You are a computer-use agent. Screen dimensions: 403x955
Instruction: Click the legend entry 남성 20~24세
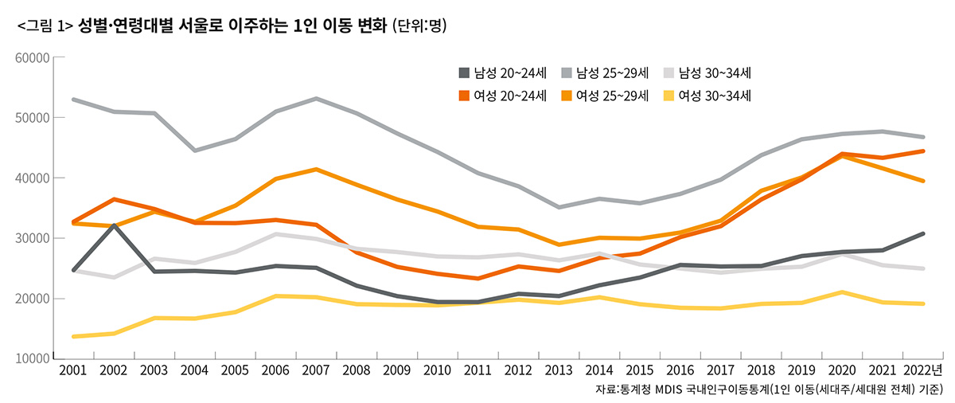click(x=501, y=73)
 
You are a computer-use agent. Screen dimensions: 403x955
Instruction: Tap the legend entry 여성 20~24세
click(x=501, y=96)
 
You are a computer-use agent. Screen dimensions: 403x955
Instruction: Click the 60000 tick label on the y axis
click(x=33, y=57)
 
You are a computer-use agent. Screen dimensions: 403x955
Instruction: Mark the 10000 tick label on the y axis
click(x=33, y=359)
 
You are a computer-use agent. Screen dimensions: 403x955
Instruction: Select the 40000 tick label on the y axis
click(x=33, y=178)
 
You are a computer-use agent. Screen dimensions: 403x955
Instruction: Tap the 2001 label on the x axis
click(x=72, y=371)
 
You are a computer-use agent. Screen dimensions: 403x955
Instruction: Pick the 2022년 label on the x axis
click(x=923, y=371)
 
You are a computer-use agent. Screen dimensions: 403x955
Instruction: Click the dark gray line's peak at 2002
click(x=114, y=225)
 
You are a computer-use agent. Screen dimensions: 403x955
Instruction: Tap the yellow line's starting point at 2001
click(x=73, y=336)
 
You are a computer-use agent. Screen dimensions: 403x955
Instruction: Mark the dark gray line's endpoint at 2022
click(x=922, y=233)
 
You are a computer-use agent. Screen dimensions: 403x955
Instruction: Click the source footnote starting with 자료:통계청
click(x=769, y=390)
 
